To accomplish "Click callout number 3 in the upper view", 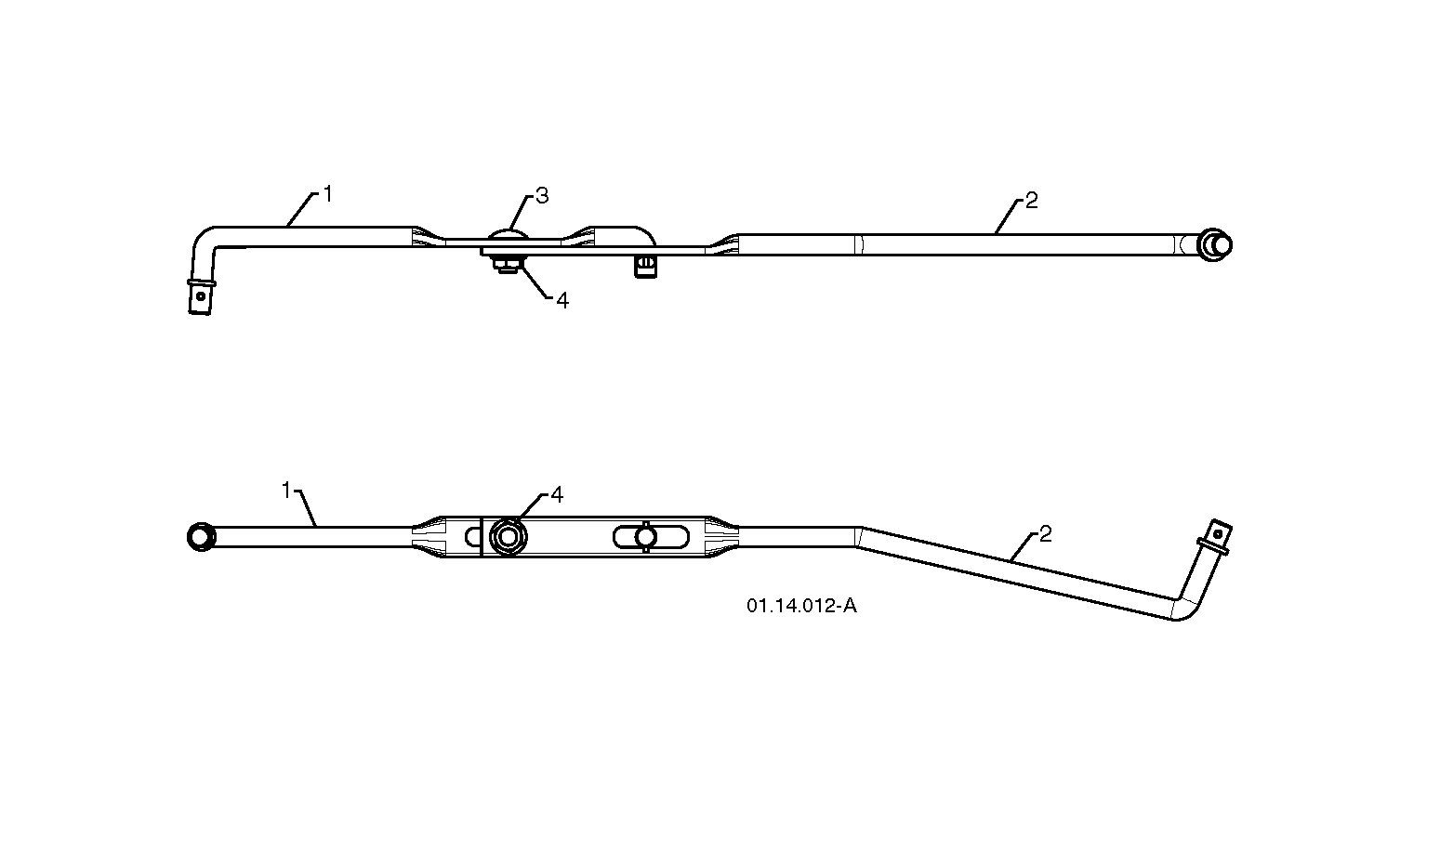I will point(542,196).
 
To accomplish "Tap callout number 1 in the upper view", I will point(327,194).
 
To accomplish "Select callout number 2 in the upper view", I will point(1031,201).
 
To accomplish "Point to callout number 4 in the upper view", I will point(561,301).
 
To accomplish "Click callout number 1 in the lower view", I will point(288,489).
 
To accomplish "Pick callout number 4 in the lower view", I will point(556,494).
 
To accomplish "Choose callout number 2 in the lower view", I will point(1045,534).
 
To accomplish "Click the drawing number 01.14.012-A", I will point(800,607).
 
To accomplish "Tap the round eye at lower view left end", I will point(200,537).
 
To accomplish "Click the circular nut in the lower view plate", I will point(508,537).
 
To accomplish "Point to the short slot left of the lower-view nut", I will point(472,537).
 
